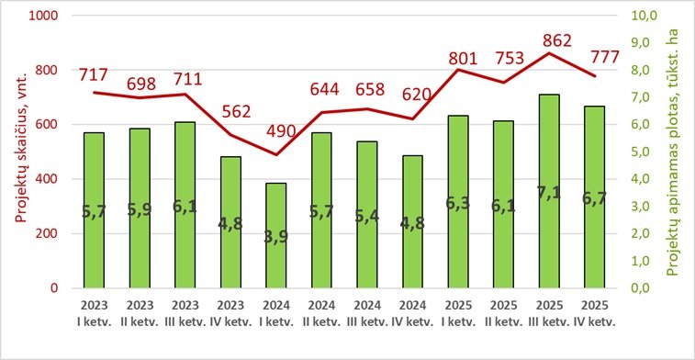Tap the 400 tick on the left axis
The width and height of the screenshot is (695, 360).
tap(45, 179)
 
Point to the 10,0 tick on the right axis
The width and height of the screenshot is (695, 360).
tap(642, 17)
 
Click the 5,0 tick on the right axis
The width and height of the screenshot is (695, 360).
tap(642, 152)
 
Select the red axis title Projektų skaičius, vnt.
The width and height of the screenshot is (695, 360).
tap(16, 152)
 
